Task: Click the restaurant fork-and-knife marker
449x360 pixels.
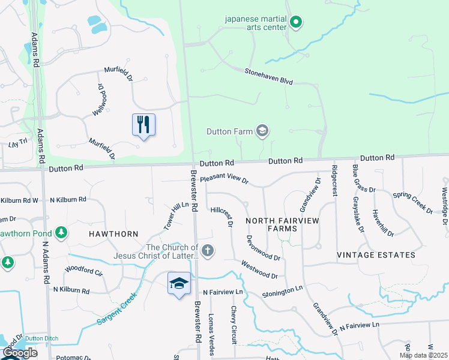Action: coord(143,125)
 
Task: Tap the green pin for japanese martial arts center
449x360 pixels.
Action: coord(295,23)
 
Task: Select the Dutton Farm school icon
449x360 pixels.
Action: coord(262,130)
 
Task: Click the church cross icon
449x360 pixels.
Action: coord(208,251)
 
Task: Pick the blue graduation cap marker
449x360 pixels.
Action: coord(179,283)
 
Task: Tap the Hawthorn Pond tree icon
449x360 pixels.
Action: coord(61,232)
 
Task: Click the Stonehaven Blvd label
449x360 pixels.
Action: coord(268,76)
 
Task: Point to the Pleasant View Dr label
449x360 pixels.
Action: coord(224,179)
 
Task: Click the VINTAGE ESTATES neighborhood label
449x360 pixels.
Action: coord(376,255)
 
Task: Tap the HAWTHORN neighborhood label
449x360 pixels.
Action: coord(113,234)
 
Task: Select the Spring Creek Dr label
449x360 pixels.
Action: coord(413,203)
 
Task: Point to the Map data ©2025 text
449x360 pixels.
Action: coord(423,355)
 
